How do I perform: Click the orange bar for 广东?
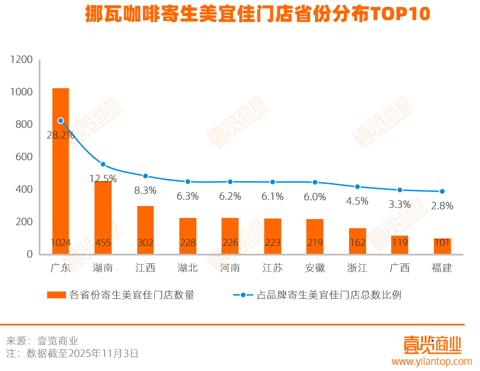tap(60, 171)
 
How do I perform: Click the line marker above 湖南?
tap(103, 164)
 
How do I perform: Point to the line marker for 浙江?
tap(358, 187)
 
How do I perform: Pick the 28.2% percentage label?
tap(60, 135)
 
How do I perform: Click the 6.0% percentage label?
tap(315, 197)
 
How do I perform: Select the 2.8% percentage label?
tap(442, 206)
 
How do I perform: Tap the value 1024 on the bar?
tap(60, 243)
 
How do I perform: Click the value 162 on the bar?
tap(358, 243)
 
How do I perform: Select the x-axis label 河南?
tap(230, 267)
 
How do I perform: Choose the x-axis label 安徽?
tap(315, 267)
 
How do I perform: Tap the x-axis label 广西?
tap(400, 267)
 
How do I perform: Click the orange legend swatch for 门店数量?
tap(56, 295)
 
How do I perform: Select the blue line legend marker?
tap(243, 295)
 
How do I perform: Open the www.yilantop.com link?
tap(432, 361)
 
